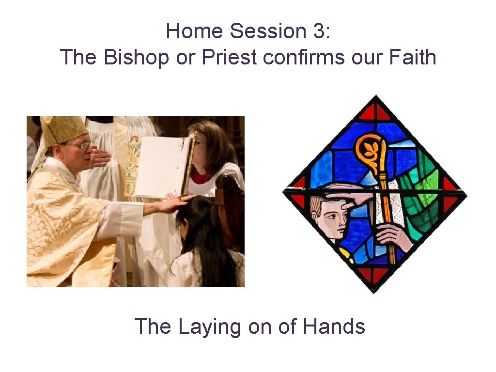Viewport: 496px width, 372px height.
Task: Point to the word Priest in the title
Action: tap(230, 58)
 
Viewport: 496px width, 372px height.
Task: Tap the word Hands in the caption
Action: tap(334, 326)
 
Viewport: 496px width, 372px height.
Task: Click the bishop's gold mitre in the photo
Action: tap(62, 128)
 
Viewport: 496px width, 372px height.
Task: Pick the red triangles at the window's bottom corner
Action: tap(374, 276)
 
